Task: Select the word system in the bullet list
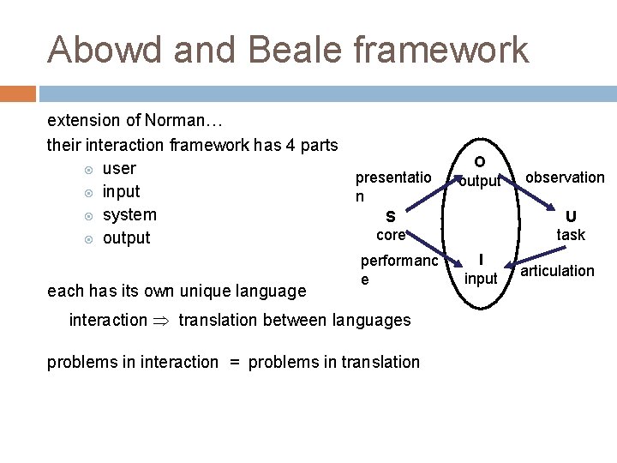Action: (129, 214)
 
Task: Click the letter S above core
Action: (390, 217)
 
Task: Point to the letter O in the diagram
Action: (479, 162)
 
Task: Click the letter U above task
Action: (571, 217)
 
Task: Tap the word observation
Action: (565, 177)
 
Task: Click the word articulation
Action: (557, 271)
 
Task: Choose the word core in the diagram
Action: (390, 235)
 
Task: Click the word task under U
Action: (571, 235)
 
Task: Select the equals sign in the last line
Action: (233, 362)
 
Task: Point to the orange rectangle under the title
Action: (17, 93)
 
